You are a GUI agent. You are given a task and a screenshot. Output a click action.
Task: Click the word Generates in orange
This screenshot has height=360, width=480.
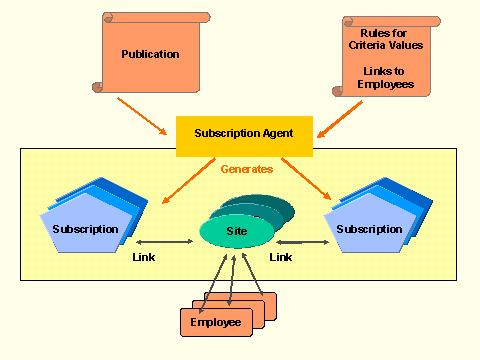tap(245, 169)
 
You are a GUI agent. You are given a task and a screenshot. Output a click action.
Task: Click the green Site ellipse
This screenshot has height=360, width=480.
tap(236, 231)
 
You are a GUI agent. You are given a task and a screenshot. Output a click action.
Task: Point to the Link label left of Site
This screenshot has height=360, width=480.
tap(143, 257)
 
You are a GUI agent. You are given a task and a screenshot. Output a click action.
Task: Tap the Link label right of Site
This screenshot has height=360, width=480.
tap(281, 257)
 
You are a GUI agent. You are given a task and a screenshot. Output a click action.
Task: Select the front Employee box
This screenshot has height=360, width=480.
tap(215, 322)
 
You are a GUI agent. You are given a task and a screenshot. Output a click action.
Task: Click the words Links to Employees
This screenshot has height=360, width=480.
tap(387, 77)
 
